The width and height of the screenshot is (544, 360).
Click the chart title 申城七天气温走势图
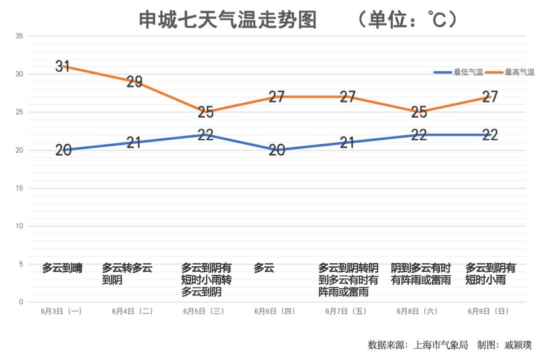(228, 20)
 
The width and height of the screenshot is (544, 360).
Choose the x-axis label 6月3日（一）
(62, 312)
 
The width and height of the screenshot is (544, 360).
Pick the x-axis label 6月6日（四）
(275, 312)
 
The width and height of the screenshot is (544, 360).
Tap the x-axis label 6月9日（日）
(488, 312)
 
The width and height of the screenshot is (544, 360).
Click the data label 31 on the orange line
(63, 66)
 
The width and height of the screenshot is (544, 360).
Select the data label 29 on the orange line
(134, 82)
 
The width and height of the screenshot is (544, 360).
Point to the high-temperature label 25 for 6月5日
(206, 112)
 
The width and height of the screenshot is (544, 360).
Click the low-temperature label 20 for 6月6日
(277, 150)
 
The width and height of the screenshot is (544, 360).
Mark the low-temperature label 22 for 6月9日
(490, 135)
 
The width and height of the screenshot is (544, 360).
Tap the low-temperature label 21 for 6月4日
(134, 143)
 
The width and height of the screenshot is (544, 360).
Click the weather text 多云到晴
(62, 268)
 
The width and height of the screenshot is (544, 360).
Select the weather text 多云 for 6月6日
(264, 268)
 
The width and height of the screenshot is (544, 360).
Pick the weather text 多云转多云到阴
(127, 274)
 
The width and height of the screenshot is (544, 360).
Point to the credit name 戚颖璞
(518, 345)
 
